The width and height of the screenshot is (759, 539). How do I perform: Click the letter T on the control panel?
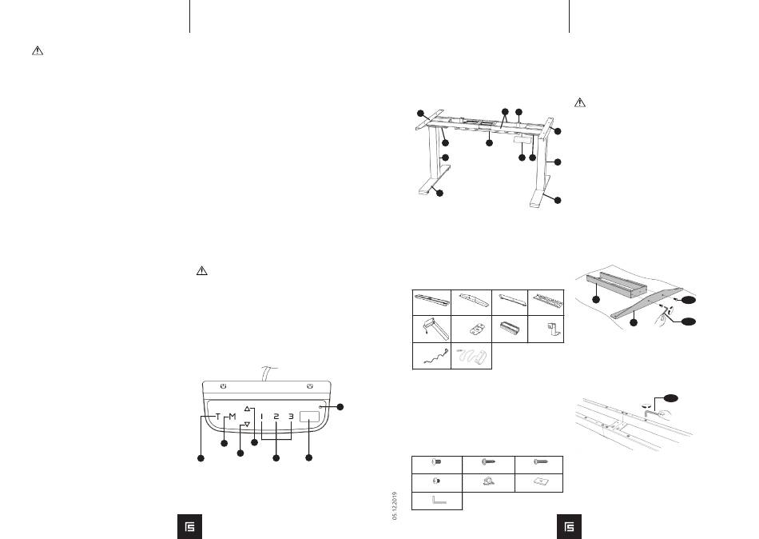click(218, 417)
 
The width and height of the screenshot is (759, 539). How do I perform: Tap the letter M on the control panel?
click(232, 417)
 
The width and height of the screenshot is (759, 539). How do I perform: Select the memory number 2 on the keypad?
click(276, 417)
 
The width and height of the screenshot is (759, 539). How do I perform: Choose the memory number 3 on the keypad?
click(292, 417)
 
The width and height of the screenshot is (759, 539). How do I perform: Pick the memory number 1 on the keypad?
click(261, 417)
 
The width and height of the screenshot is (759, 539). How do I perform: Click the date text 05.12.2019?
click(395, 507)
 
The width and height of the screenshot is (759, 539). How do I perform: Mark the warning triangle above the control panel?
click(202, 272)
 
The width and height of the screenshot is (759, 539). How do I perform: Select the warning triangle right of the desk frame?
click(581, 103)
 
